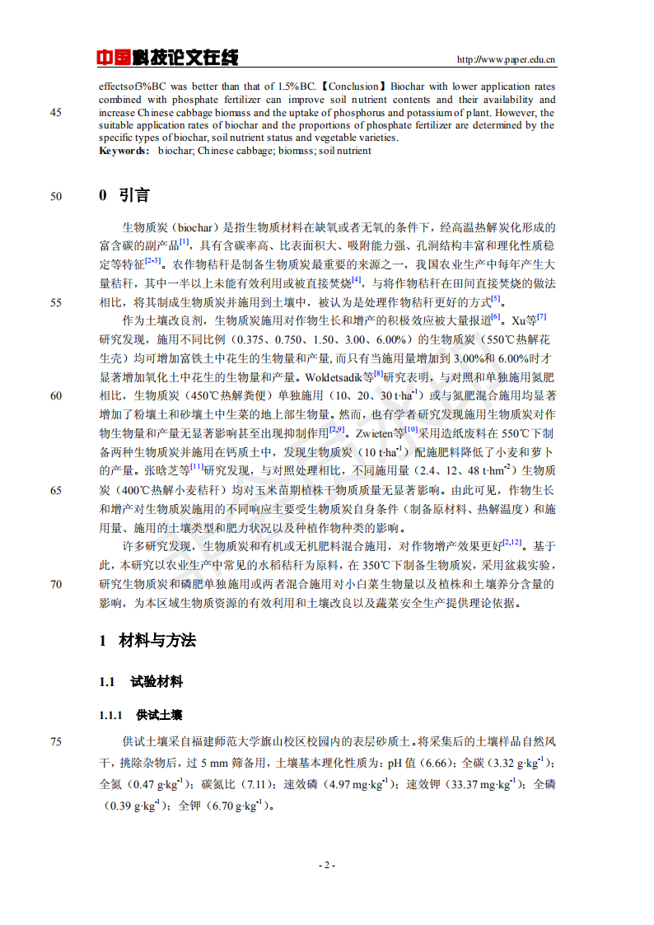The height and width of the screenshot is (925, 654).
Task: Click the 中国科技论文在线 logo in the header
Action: point(167,58)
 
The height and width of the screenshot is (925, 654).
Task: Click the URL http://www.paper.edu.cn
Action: point(506,59)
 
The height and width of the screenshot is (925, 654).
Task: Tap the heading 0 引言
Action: point(124,195)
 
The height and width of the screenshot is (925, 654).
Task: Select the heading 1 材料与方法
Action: point(147,641)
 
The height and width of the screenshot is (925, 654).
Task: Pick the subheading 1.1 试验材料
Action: point(141,682)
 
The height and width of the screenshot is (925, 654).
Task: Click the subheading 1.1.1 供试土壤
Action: point(141,714)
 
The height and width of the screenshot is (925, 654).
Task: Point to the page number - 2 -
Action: point(327,866)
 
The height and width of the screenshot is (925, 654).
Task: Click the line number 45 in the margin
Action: point(56,113)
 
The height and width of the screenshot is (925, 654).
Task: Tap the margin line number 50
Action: point(56,196)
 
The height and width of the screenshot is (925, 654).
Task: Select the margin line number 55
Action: point(56,301)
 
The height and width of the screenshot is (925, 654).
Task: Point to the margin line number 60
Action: point(56,395)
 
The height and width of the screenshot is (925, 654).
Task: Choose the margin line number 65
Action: point(56,490)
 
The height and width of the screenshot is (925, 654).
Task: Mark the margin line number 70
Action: point(56,584)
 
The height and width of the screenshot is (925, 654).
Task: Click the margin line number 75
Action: point(56,741)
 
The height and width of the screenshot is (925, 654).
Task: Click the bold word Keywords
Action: point(124,151)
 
